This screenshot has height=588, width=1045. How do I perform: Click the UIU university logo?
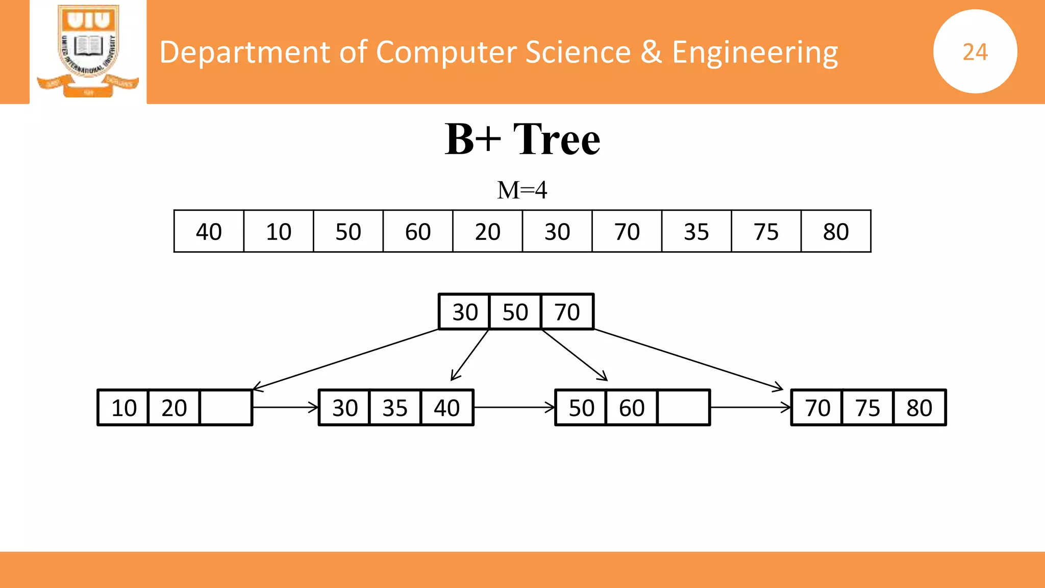pos(88,51)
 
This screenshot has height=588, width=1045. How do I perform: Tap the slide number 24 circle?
pos(975,52)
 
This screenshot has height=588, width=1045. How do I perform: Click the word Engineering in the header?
pos(755,52)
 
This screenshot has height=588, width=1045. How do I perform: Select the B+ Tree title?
pos(522,139)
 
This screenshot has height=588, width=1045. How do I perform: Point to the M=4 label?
pos(522,190)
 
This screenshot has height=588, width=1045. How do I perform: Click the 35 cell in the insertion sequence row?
pos(696,231)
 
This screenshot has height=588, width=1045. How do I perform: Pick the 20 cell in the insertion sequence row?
pos(487,231)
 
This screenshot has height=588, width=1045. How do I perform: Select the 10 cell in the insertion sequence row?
pos(279,231)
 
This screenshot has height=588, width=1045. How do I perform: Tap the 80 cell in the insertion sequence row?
pos(835,231)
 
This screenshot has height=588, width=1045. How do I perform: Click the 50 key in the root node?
pos(515,312)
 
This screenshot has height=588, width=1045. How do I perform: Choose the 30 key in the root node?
pos(465,312)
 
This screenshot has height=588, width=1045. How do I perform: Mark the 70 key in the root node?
pos(567,312)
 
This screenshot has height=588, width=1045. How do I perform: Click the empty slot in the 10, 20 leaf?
pos(226,407)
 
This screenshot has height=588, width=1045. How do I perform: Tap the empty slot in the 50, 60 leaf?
pos(683,407)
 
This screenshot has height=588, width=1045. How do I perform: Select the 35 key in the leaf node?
pos(395,407)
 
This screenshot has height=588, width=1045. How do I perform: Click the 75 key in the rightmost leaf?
pos(867,407)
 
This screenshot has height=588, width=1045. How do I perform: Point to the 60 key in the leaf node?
pos(632,407)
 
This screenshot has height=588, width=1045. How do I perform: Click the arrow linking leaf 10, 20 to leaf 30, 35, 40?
pos(285,407)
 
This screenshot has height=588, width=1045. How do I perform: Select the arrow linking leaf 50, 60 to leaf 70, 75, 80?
pos(750,407)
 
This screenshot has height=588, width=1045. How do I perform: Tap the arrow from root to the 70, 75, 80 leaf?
pos(689,360)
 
